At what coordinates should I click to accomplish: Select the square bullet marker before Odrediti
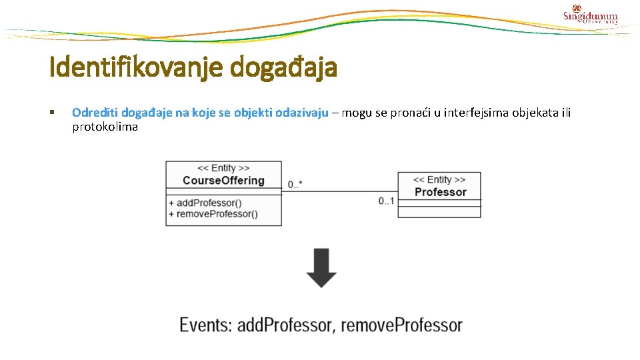(x=53, y=113)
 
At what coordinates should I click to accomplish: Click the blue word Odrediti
(x=95, y=113)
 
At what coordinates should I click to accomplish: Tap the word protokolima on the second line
(x=105, y=127)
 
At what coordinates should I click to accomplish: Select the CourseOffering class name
(x=223, y=181)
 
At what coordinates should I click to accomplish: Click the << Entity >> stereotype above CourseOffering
(x=223, y=169)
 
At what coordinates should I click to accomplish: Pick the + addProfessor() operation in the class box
(x=205, y=203)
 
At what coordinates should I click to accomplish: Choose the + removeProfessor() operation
(x=213, y=214)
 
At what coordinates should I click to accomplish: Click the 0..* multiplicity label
(x=295, y=184)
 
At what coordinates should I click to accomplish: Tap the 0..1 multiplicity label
(x=386, y=201)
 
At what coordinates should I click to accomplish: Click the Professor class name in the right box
(x=440, y=192)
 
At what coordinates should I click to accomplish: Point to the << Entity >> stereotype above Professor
(x=439, y=180)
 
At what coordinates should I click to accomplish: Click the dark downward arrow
(x=321, y=267)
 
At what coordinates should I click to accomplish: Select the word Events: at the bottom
(x=206, y=325)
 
